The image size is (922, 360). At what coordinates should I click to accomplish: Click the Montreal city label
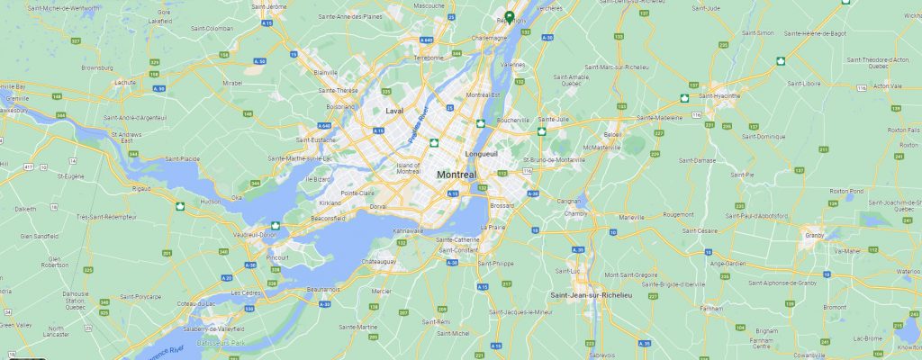click(x=456, y=174)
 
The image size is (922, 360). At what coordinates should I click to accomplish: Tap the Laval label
click(x=393, y=111)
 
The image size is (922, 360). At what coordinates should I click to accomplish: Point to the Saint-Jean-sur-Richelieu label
click(x=592, y=295)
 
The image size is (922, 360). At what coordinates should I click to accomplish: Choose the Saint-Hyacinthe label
click(x=719, y=94)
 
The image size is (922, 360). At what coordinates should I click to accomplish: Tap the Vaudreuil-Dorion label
click(x=254, y=234)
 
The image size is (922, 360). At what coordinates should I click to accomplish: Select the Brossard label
click(x=502, y=206)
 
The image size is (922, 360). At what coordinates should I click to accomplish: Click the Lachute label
click(x=124, y=82)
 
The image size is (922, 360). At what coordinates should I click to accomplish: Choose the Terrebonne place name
click(x=429, y=58)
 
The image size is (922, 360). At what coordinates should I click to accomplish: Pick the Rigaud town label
click(x=141, y=188)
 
